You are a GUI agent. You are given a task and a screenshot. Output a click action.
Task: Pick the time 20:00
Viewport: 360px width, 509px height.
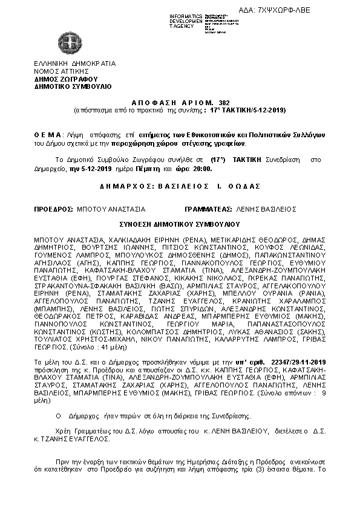click(203, 169)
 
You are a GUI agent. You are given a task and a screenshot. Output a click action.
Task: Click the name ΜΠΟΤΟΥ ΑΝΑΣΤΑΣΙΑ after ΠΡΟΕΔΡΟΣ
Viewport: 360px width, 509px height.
click(111, 209)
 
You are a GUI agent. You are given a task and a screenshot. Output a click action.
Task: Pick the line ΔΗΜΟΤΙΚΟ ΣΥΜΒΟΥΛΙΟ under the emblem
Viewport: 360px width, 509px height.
click(73, 86)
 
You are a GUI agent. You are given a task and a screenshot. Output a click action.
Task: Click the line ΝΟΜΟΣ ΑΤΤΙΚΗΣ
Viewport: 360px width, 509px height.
click(62, 71)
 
